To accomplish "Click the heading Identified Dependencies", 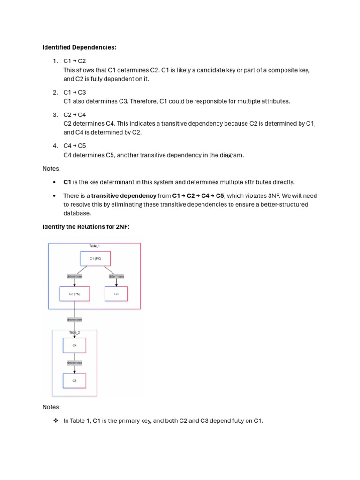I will point(79,47).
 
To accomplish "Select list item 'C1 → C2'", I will point(75,61).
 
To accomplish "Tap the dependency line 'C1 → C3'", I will point(75,92).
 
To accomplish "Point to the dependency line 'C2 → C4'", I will point(75,115).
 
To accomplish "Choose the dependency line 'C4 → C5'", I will point(75,146).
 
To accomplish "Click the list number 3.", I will point(55,115).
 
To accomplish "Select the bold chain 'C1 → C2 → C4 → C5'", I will point(198,195).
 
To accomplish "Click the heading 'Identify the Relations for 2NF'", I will point(86,227).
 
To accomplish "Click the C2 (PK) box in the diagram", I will point(75,294).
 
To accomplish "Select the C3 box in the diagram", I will point(116,294).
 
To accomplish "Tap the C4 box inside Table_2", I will point(75,345).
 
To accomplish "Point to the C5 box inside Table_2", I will point(75,381).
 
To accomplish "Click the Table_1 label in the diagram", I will point(94,245).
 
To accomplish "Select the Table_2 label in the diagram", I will point(75,332).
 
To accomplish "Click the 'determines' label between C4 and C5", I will point(75,363).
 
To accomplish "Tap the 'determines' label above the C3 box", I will point(116,276).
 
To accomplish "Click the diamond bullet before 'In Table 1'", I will point(55,421).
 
